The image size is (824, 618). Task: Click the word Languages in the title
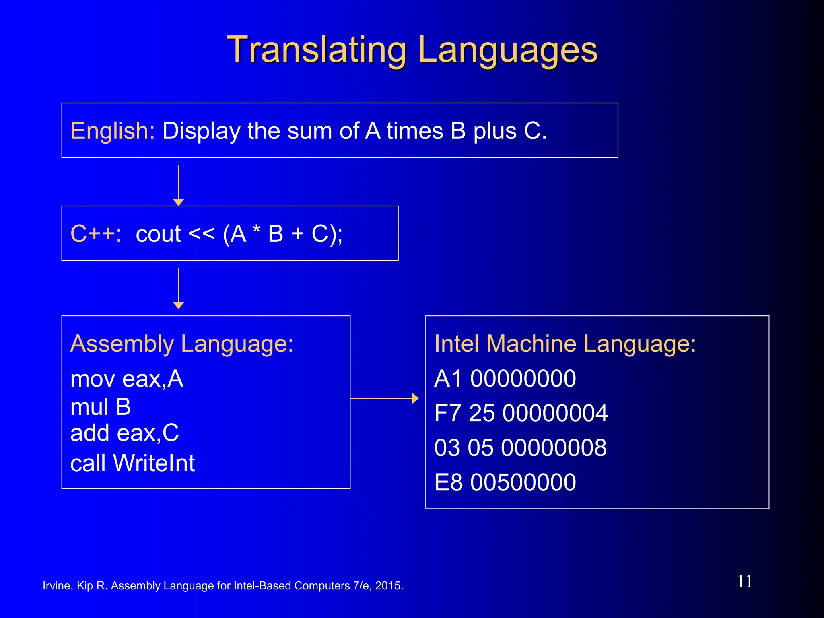(x=508, y=50)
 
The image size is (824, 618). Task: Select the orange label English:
(x=113, y=131)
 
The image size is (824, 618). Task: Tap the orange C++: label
(x=96, y=234)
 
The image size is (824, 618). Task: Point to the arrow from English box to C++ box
(x=178, y=185)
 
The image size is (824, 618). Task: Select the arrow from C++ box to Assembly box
(x=178, y=288)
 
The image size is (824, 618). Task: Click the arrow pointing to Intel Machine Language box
(x=384, y=398)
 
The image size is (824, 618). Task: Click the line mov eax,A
(x=127, y=379)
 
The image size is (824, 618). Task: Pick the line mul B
(x=101, y=407)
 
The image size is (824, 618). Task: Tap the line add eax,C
(x=124, y=433)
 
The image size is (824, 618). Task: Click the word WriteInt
(x=154, y=463)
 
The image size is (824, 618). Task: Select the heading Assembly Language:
(x=182, y=344)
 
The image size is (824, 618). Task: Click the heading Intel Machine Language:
(x=565, y=344)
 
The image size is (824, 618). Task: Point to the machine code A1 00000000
(x=505, y=379)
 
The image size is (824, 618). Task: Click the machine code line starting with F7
(x=521, y=413)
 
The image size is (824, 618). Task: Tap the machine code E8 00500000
(x=505, y=482)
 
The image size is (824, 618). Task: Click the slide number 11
(x=745, y=581)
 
